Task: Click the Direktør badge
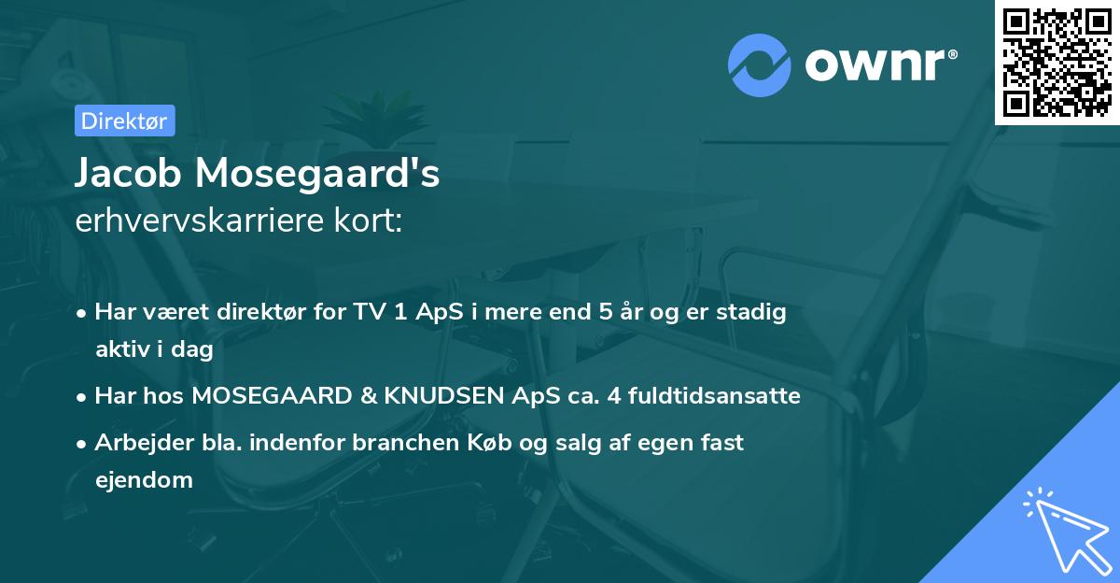(124, 121)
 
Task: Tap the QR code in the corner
(1057, 62)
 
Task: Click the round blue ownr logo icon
(760, 64)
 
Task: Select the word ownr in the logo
(878, 64)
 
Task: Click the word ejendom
(144, 480)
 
